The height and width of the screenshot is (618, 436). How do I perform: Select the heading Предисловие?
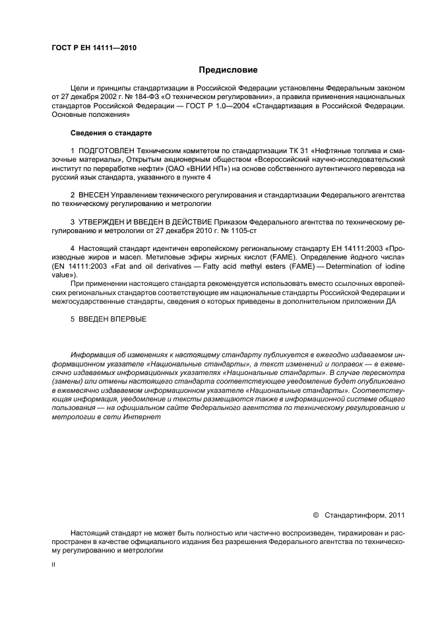(228, 69)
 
